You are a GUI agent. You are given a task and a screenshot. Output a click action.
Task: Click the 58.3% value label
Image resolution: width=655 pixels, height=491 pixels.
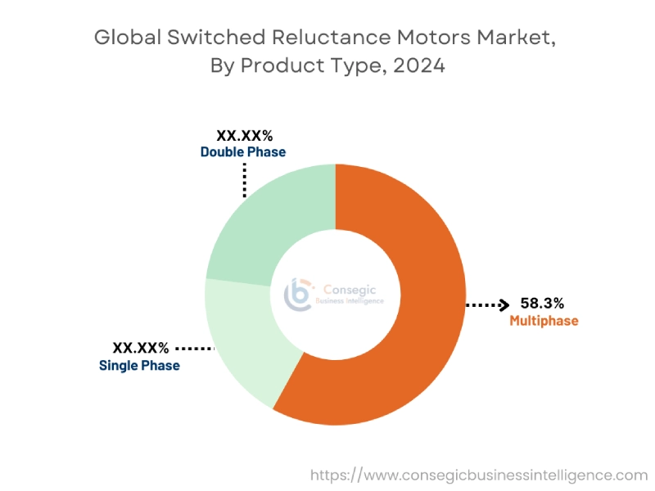click(543, 304)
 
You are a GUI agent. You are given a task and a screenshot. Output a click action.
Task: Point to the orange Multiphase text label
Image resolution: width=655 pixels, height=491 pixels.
click(544, 321)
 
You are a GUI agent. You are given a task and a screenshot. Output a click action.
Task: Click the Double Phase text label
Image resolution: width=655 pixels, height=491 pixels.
click(243, 152)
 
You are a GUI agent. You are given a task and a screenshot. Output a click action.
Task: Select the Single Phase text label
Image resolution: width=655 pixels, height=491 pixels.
click(139, 365)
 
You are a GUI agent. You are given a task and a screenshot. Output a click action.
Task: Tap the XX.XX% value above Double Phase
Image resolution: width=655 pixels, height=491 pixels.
click(244, 136)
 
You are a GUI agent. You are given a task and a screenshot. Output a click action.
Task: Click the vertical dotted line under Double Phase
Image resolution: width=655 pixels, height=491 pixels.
click(244, 179)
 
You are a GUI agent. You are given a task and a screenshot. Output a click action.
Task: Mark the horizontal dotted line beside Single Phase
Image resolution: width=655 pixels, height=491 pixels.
click(194, 348)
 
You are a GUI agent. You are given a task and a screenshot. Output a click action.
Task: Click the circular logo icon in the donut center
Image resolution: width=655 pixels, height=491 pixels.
click(297, 294)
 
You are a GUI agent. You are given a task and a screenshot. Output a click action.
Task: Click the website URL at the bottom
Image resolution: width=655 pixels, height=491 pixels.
click(478, 474)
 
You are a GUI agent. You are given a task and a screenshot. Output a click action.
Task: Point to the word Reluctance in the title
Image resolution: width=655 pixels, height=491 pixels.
click(339, 38)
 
